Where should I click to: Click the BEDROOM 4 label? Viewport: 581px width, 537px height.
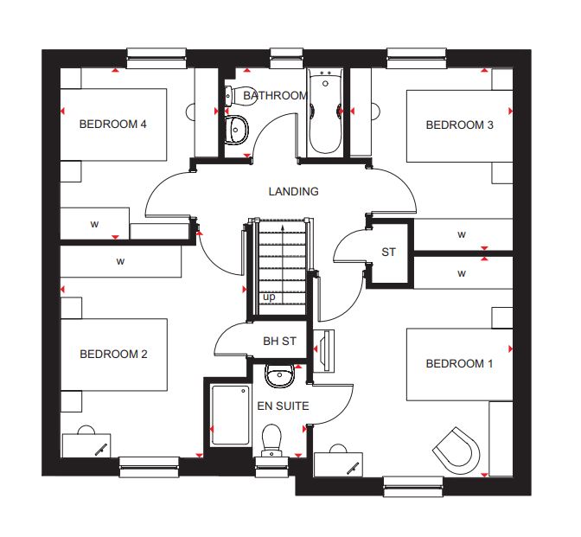[x=113, y=124]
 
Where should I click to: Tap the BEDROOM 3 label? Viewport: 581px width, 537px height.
[x=459, y=125]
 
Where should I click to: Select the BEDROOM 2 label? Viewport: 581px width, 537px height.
[x=113, y=354]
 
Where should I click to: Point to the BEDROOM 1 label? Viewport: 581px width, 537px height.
[x=459, y=363]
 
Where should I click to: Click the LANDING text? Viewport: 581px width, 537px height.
[x=293, y=191]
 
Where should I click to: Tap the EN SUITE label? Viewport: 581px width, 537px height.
[x=283, y=406]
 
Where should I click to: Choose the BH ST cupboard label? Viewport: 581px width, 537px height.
[x=280, y=341]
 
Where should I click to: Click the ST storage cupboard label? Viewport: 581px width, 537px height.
[x=388, y=252]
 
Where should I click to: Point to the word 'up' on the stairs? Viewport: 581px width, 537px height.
[x=269, y=297]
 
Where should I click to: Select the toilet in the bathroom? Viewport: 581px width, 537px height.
[x=239, y=96]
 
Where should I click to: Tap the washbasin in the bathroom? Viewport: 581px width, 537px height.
[x=236, y=130]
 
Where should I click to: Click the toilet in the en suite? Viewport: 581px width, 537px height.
[x=271, y=441]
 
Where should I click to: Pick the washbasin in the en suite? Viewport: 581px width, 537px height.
[x=280, y=375]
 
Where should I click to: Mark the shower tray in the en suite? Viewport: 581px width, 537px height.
[x=230, y=415]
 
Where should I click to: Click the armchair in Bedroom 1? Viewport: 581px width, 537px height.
[x=456, y=450]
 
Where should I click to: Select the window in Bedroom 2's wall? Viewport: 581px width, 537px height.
[x=149, y=467]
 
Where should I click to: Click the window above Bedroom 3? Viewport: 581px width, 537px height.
[x=417, y=58]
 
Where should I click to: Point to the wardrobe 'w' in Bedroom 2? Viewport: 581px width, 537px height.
[x=120, y=261]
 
